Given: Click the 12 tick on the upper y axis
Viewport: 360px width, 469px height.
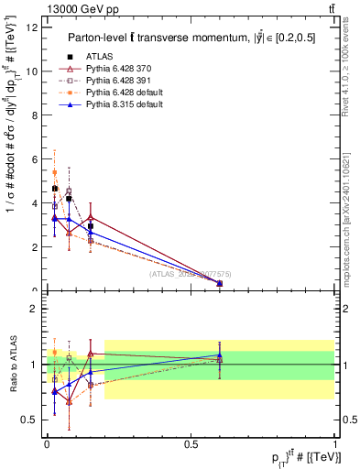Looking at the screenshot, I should pyautogui.click(x=35, y=27).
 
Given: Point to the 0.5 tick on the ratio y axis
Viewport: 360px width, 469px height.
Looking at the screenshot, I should pyautogui.click(x=33, y=420).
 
